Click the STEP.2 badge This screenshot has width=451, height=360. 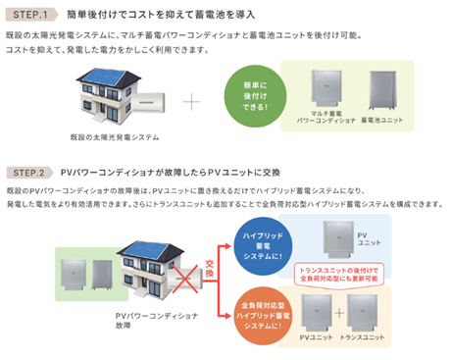pos(29,169)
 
